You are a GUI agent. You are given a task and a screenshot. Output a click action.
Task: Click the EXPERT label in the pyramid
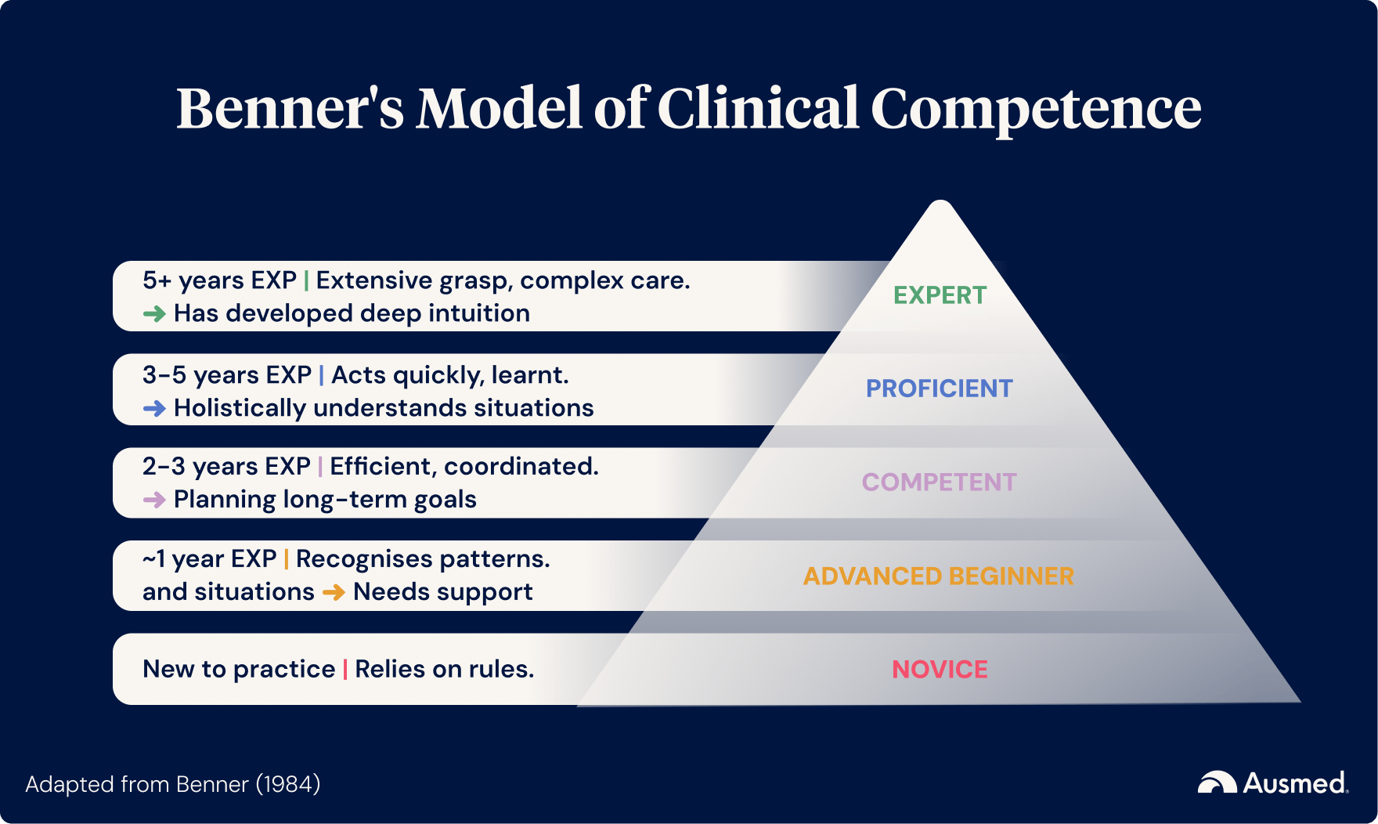pos(940,295)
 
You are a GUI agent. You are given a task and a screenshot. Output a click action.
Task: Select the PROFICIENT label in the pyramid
pos(939,389)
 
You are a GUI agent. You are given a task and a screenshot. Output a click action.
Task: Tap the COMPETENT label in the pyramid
pos(939,482)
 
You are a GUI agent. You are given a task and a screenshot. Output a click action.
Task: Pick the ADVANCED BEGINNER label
pos(938,576)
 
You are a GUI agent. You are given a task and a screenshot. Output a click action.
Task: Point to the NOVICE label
pos(940,669)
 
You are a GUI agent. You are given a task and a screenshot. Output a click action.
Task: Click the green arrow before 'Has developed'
pos(154,314)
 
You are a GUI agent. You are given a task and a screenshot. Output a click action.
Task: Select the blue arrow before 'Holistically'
pos(154,408)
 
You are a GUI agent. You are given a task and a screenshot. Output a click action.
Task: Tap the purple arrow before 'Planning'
pos(154,500)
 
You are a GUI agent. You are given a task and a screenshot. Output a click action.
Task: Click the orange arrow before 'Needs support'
pos(334,592)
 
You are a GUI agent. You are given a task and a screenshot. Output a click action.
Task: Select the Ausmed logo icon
pos(1217,782)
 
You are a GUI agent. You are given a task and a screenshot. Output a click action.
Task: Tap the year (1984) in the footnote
pos(288,784)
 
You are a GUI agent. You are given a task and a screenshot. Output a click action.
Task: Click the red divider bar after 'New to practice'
pos(345,669)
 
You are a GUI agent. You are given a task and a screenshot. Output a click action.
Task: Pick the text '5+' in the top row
pos(157,280)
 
